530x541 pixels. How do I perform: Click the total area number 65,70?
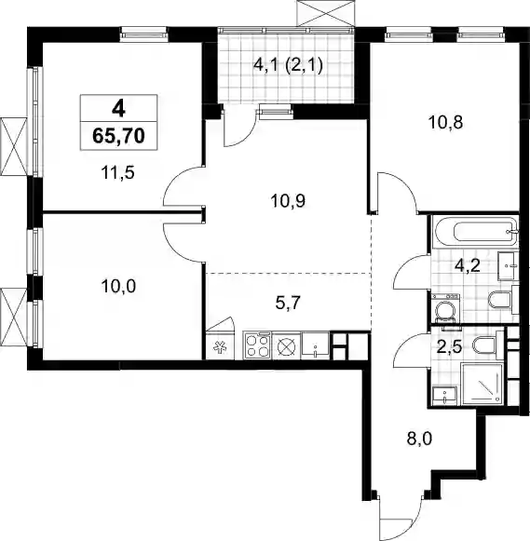[118, 136]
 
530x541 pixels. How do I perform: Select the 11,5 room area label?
[117, 172]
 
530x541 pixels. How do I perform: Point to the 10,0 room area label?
[118, 286]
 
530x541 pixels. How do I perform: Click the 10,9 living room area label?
[289, 201]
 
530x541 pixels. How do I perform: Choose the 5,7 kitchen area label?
[289, 304]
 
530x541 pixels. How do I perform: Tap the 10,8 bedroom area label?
[445, 122]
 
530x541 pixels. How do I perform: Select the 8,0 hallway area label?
[420, 440]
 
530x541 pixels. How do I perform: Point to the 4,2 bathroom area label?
[468, 266]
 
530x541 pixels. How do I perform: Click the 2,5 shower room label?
[449, 347]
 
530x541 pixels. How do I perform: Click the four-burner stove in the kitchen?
[257, 345]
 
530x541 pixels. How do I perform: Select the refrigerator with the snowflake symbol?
[221, 346]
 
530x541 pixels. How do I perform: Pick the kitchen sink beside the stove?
[316, 345]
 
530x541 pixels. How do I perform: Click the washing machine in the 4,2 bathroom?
[446, 307]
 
